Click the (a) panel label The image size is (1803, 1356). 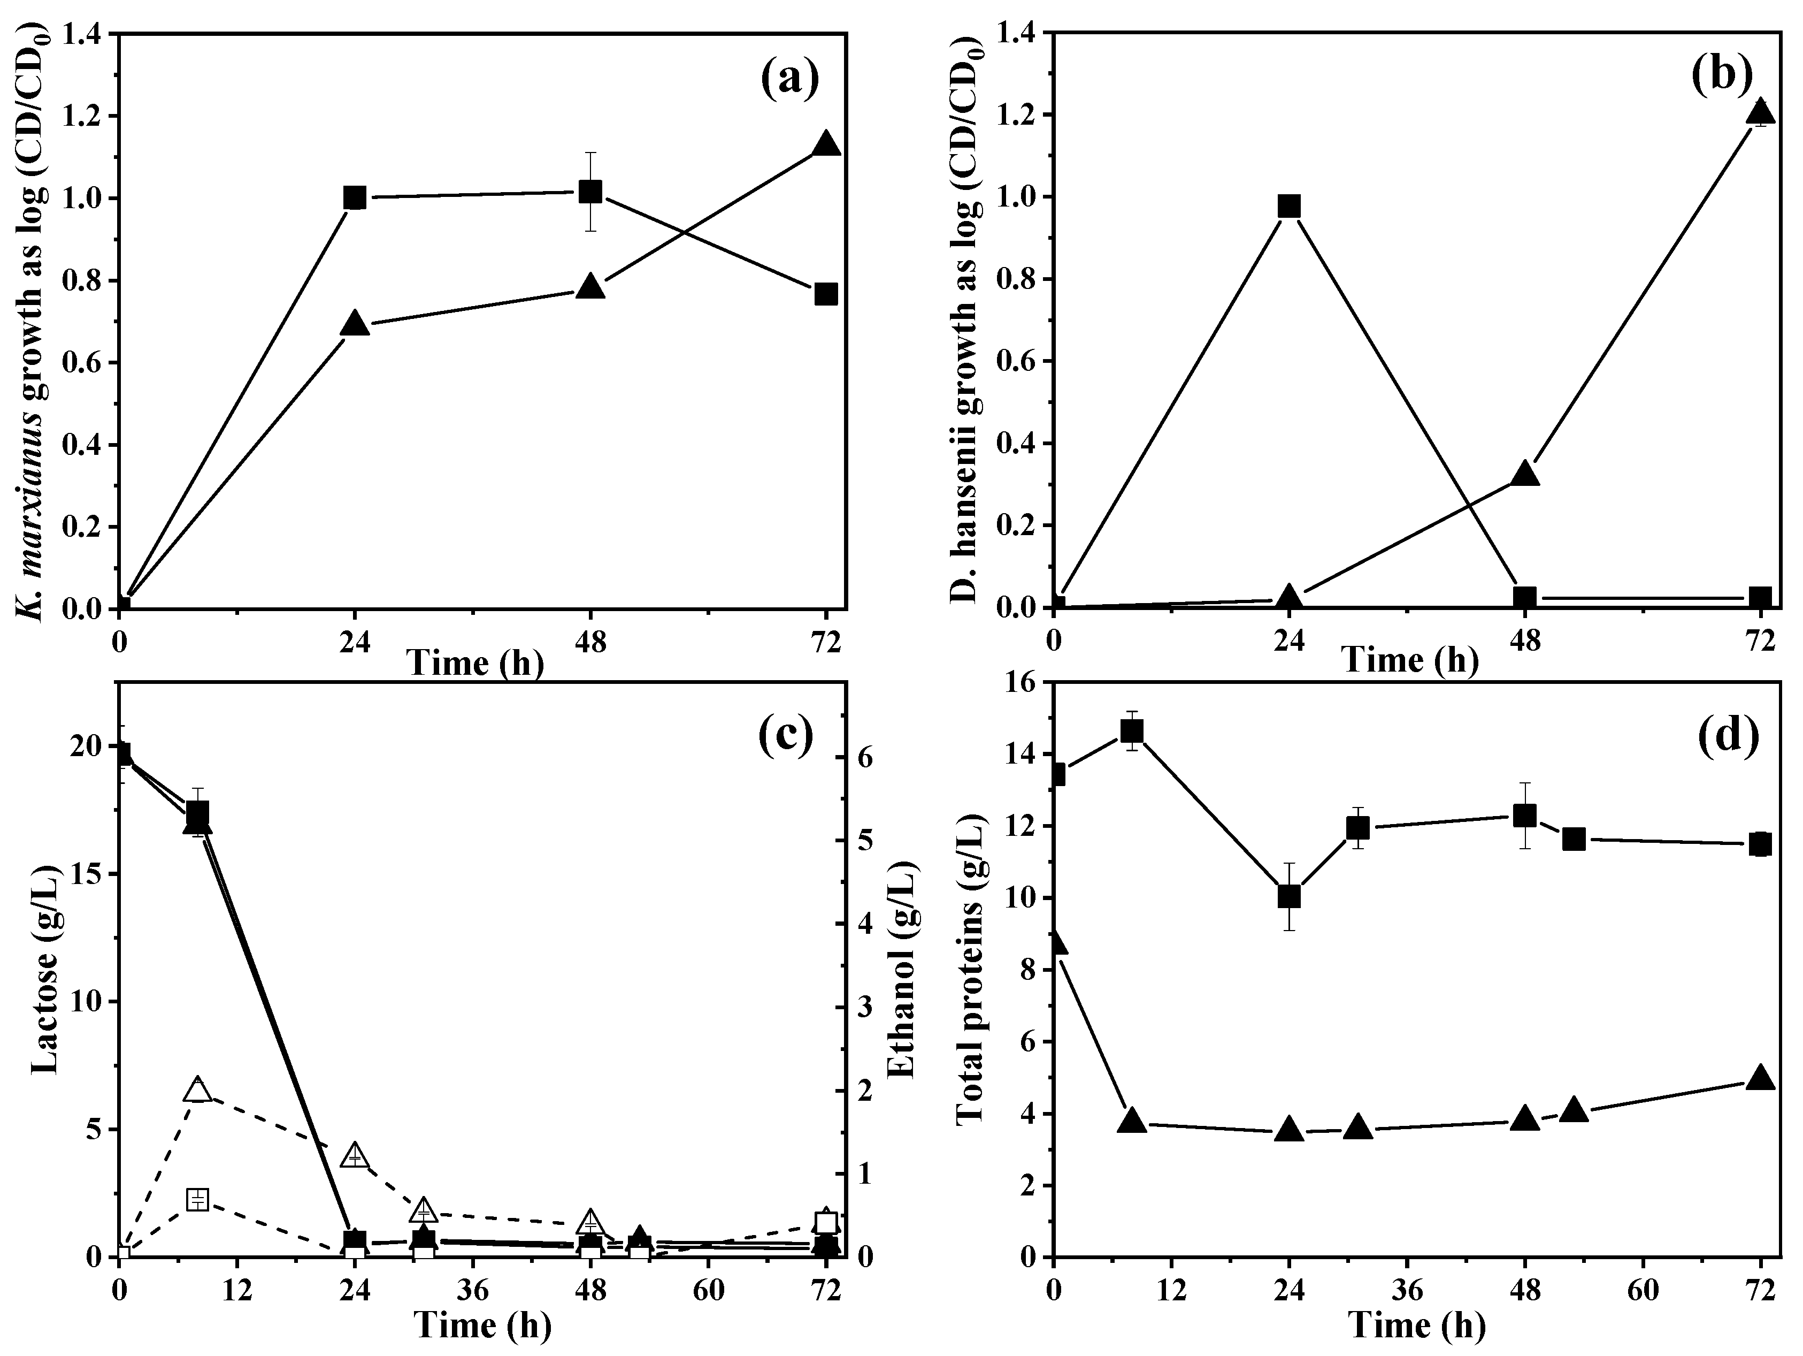pos(789,79)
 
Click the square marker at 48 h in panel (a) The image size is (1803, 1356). pos(590,193)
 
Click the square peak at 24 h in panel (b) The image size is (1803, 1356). pos(1288,207)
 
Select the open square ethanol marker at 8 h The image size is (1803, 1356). pos(197,1199)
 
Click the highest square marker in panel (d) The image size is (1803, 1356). pos(1131,732)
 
